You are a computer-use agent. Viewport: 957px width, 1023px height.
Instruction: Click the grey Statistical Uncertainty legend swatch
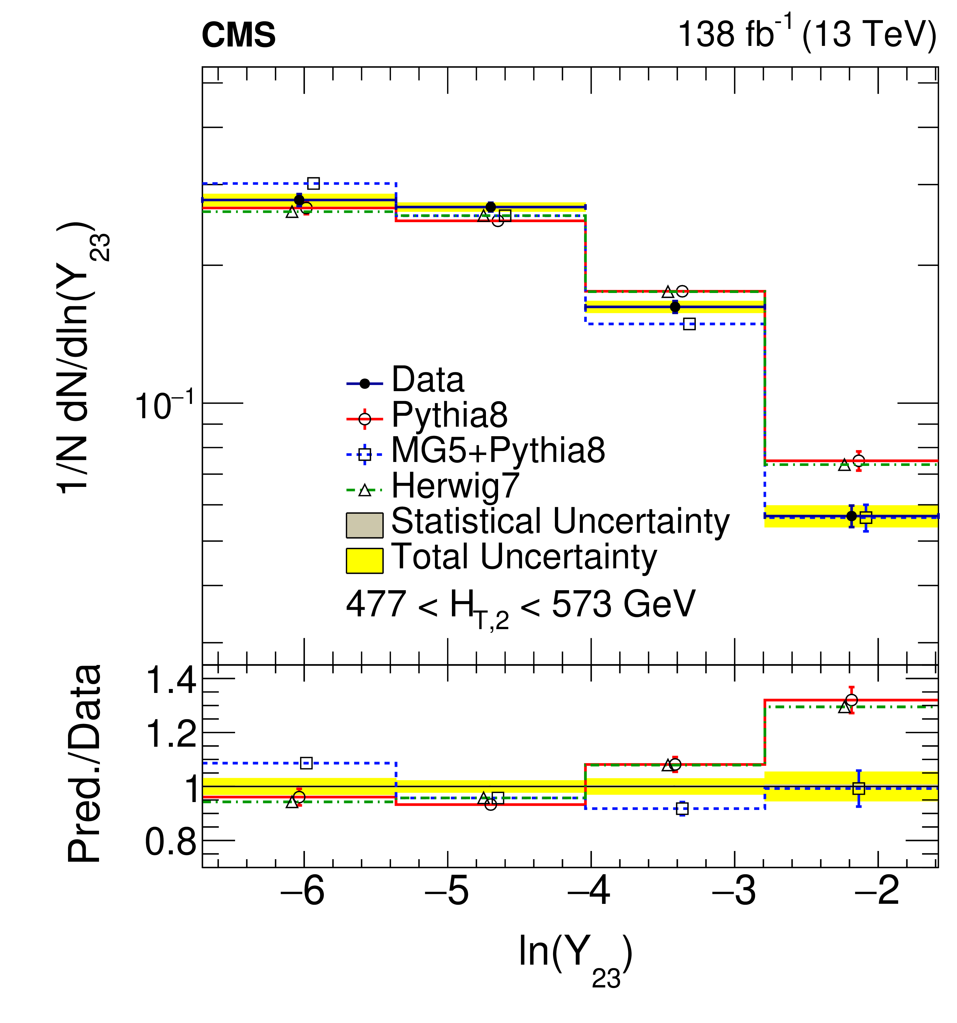[x=364, y=525]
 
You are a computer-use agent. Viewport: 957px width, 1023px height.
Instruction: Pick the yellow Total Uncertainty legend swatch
[x=364, y=560]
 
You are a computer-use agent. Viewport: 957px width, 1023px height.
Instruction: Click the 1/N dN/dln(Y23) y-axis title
[x=82, y=358]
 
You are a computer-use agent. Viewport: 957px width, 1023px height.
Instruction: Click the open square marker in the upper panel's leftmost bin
[x=313, y=183]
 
